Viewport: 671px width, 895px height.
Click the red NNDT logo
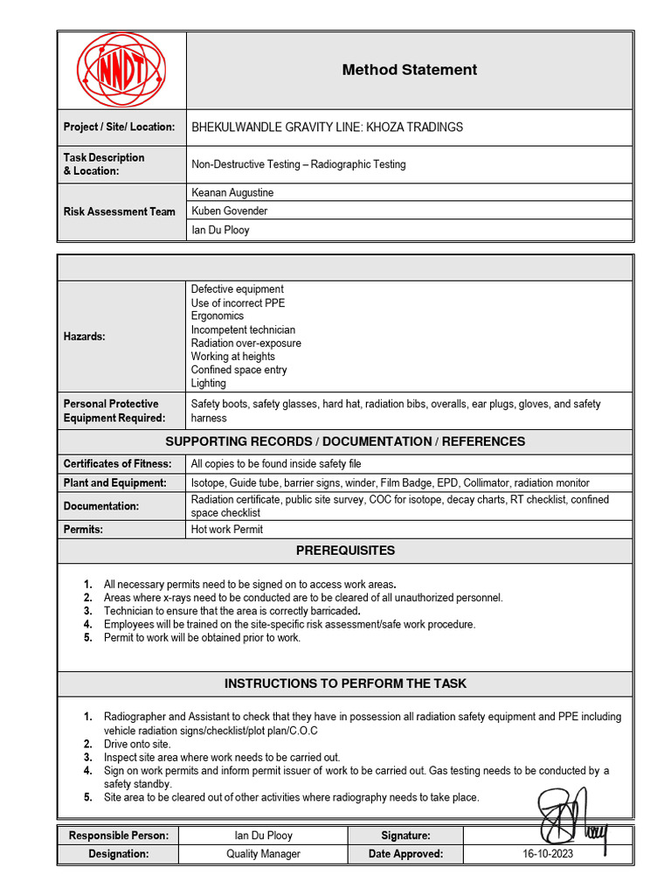121,70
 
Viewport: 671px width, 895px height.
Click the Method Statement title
409,70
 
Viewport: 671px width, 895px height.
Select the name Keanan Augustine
232,192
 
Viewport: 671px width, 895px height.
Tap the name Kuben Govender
230,211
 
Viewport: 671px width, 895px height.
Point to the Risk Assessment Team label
120,212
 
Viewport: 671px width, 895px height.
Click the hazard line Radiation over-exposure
246,343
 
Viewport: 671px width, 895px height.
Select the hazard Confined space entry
239,370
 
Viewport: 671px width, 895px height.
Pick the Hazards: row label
85,336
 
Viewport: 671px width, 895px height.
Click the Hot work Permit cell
227,529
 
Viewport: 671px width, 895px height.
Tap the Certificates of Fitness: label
118,463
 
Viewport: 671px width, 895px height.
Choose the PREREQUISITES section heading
345,551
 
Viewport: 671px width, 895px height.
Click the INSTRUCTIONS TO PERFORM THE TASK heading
345,683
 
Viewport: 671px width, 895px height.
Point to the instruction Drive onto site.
137,744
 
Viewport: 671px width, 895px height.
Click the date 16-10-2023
548,854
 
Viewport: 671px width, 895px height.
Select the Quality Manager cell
263,854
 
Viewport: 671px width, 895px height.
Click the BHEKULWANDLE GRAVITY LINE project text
328,127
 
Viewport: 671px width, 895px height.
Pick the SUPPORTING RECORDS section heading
345,441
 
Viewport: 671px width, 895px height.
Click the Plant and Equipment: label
114,482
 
